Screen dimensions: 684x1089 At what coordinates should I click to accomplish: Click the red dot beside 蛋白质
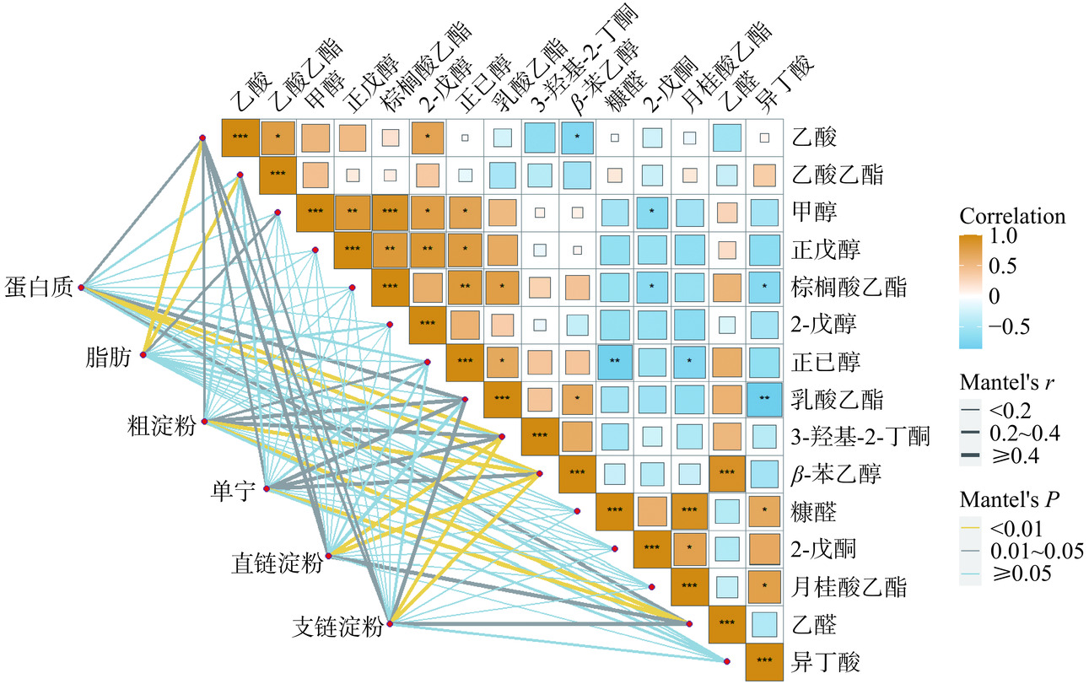[x=81, y=288]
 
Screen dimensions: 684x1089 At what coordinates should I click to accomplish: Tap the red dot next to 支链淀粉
[x=389, y=622]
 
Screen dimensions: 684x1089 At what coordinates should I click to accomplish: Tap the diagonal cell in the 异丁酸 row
[x=764, y=660]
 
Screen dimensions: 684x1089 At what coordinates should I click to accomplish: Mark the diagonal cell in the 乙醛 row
[x=727, y=623]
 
